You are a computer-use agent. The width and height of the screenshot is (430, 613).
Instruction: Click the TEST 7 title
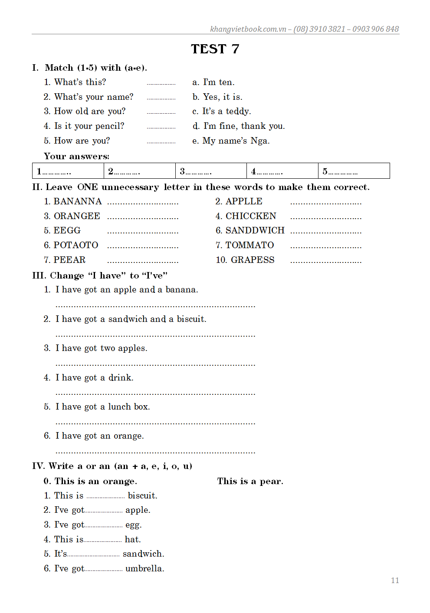(x=215, y=49)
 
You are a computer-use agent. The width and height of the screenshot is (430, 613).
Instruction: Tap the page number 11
(x=394, y=580)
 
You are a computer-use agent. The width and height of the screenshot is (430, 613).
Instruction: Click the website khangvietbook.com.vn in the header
(x=248, y=29)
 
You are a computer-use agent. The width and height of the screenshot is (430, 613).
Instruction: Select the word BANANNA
(x=78, y=202)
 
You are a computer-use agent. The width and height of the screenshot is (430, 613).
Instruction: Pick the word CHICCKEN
(x=251, y=216)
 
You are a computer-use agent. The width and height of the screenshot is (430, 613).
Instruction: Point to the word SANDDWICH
(x=255, y=230)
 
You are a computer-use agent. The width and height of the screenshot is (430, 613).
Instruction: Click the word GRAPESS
(x=253, y=260)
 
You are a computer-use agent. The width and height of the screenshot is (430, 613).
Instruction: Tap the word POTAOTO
(x=76, y=245)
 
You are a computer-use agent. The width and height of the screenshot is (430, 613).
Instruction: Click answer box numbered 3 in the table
(x=211, y=171)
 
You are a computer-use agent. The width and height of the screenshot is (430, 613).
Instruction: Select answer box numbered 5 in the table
(x=354, y=171)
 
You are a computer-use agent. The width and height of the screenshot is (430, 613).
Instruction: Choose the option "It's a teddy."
(x=226, y=111)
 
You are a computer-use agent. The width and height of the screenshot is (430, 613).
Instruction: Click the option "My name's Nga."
(x=236, y=141)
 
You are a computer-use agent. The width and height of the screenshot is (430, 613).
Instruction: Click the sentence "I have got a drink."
(x=94, y=377)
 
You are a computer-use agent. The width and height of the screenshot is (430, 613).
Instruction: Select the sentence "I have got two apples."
(x=101, y=348)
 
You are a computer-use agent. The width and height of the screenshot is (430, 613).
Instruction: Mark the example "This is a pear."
(x=250, y=481)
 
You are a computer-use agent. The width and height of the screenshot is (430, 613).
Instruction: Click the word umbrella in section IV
(x=144, y=568)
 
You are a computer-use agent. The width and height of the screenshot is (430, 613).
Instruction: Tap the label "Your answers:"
(x=76, y=156)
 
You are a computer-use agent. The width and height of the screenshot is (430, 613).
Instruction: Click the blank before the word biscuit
(x=105, y=496)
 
